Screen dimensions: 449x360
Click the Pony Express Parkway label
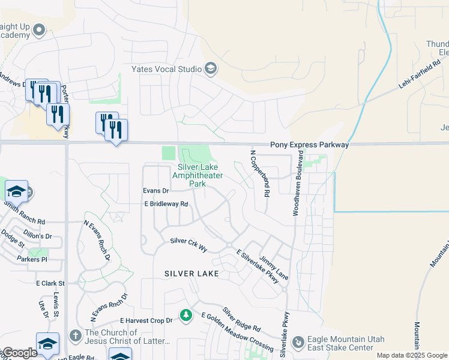[309, 145]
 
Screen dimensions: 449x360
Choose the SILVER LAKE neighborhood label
[191, 274]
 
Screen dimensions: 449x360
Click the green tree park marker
[186, 315]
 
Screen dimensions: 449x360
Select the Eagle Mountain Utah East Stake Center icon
[298, 342]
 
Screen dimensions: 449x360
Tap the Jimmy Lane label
[274, 267]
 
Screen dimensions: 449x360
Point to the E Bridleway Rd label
[166, 204]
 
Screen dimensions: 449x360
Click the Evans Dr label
[156, 190]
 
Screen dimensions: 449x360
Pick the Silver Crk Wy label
[188, 245]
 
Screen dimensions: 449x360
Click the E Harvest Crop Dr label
[146, 321]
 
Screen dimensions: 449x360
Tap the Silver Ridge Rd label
[241, 320]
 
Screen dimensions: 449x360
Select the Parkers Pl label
[32, 259]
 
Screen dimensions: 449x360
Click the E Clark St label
[50, 283]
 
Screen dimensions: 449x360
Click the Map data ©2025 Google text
[411, 355]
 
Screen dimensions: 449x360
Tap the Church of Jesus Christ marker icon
[76, 334]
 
